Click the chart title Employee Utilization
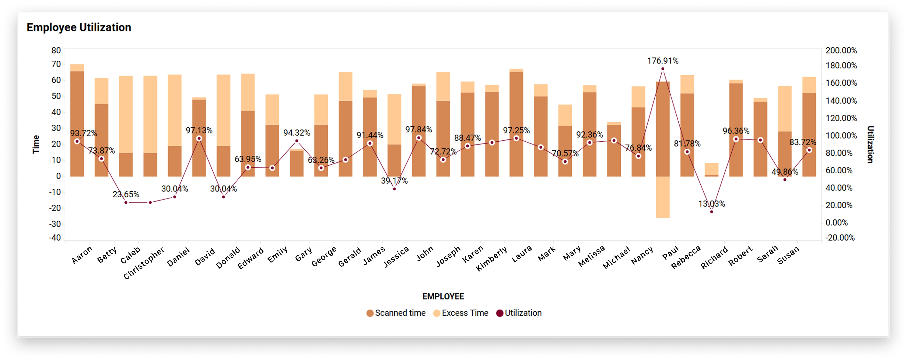[79, 27]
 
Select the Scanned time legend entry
[396, 313]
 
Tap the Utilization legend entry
[519, 313]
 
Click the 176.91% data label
[663, 61]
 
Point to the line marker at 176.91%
[663, 69]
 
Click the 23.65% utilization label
[126, 194]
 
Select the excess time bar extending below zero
[663, 197]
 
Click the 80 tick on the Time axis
[56, 50]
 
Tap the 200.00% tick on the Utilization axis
[841, 50]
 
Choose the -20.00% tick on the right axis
[840, 238]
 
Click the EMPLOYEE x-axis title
[443, 297]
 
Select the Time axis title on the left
[36, 144]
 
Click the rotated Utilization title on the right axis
[870, 144]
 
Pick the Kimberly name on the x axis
[491, 259]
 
